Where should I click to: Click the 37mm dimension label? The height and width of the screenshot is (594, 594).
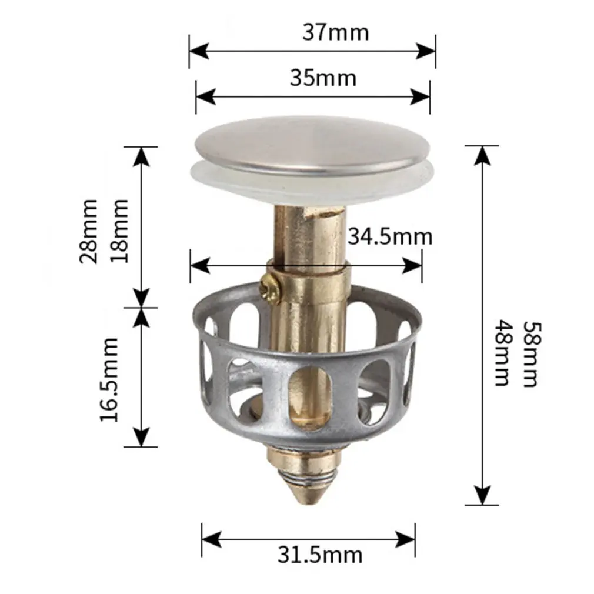pyautogui.click(x=336, y=32)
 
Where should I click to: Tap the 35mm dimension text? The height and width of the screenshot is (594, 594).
pyautogui.click(x=323, y=78)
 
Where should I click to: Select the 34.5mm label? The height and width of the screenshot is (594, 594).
pyautogui.click(x=389, y=236)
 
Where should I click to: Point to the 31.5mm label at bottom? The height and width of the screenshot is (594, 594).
pyautogui.click(x=320, y=555)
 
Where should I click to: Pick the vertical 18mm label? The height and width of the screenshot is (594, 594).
pyautogui.click(x=120, y=231)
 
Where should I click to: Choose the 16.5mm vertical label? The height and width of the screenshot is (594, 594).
pyautogui.click(x=109, y=379)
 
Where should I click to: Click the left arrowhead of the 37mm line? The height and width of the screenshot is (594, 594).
pyautogui.click(x=198, y=51)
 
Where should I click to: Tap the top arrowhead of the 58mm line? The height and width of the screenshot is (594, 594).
pyautogui.click(x=482, y=154)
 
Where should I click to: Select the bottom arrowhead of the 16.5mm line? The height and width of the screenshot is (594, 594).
pyautogui.click(x=141, y=438)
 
